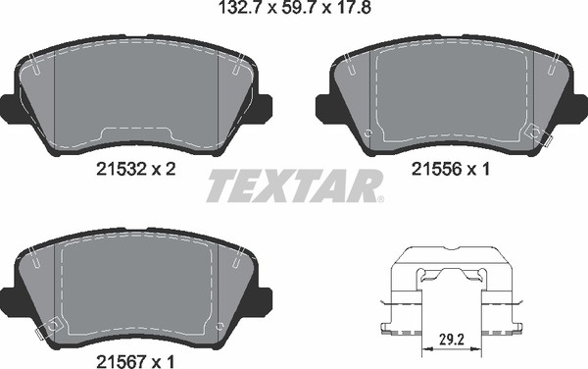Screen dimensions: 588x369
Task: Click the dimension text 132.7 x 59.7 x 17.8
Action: click(x=294, y=7)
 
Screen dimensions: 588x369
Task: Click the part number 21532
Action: click(x=121, y=170)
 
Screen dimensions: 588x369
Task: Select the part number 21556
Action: click(x=436, y=170)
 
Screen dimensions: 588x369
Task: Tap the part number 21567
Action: click(x=121, y=362)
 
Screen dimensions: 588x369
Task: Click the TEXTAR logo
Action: click(x=294, y=185)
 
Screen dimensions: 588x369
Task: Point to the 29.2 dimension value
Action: click(x=452, y=340)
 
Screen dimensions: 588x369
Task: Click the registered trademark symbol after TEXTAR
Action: click(x=380, y=199)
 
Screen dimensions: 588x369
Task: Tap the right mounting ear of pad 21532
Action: click(x=264, y=106)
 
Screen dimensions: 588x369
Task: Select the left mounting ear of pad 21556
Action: click(x=323, y=108)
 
